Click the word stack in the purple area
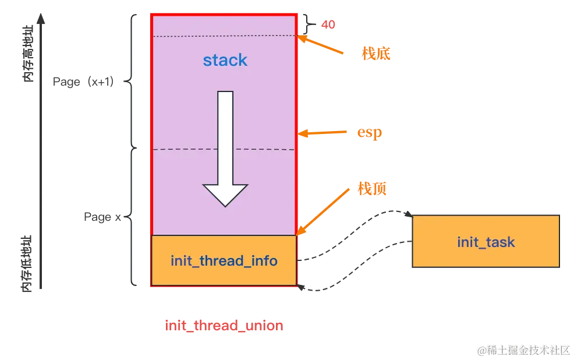(x=225, y=60)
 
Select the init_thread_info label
(x=224, y=260)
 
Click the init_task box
(x=486, y=242)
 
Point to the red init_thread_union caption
(x=224, y=325)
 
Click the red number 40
(x=328, y=25)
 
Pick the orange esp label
(x=369, y=133)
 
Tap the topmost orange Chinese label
(x=375, y=54)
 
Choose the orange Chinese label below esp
(x=373, y=189)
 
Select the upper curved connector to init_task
(x=355, y=233)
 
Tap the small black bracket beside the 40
(x=305, y=23)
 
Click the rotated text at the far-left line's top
(x=27, y=52)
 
